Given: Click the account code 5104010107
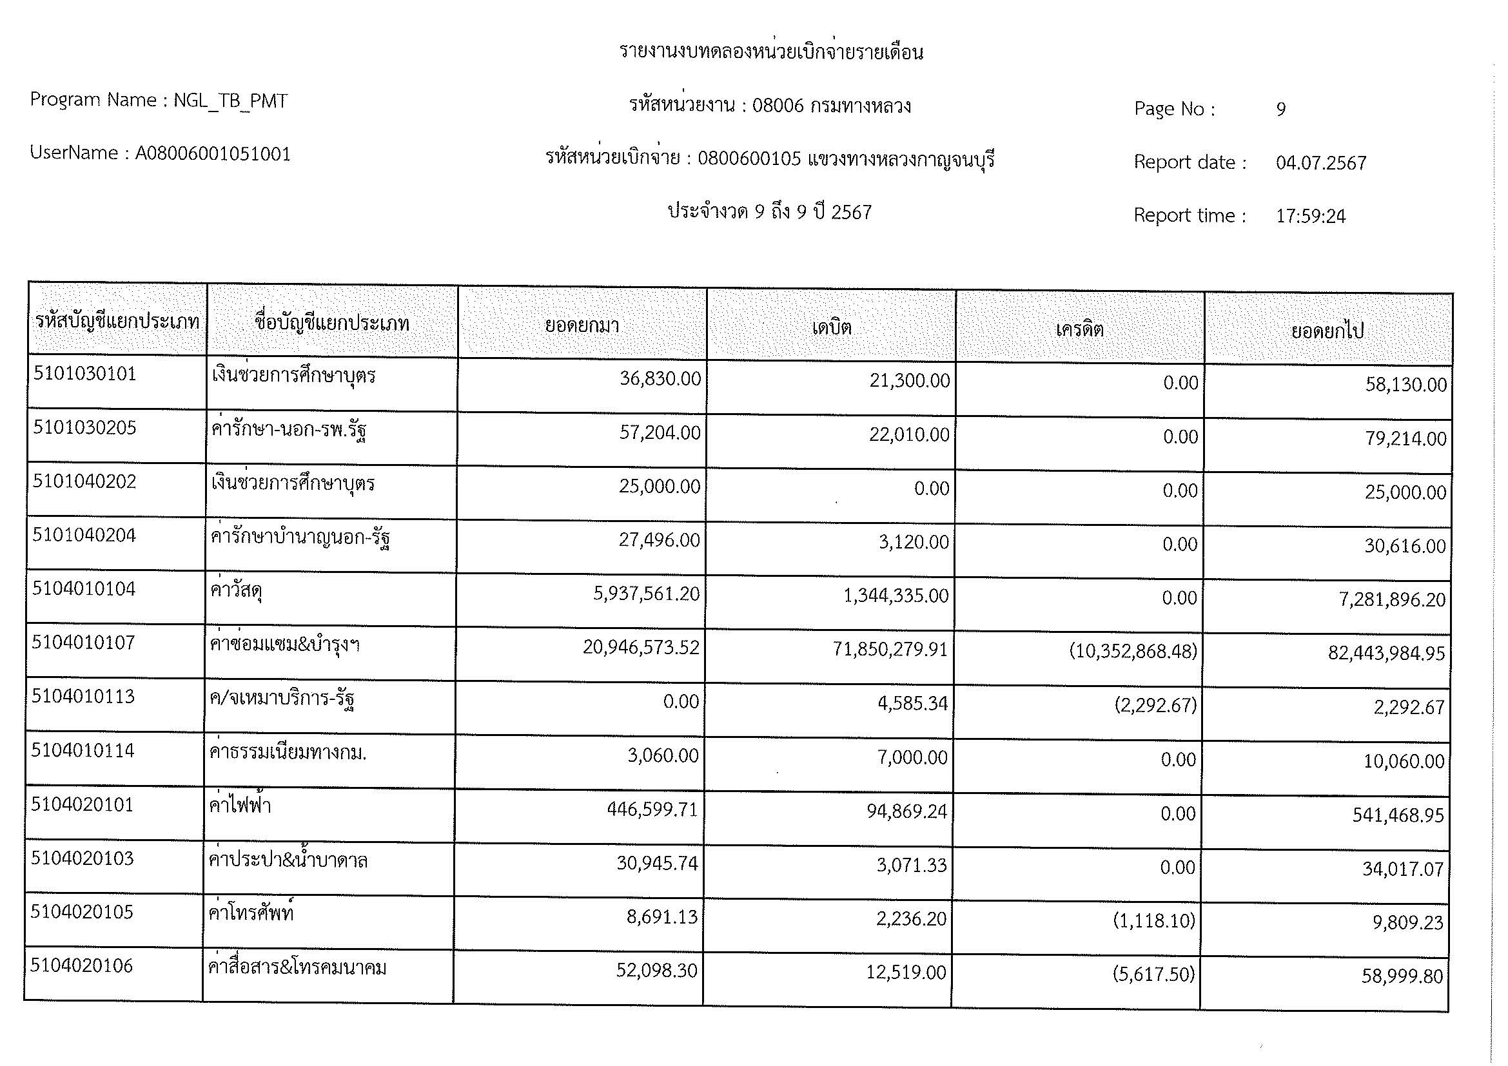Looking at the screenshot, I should [83, 643].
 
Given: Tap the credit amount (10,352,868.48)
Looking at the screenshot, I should [1133, 651].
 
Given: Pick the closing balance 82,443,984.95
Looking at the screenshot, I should [1386, 654].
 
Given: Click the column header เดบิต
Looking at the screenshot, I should [832, 326].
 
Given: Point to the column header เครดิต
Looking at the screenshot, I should [1080, 328].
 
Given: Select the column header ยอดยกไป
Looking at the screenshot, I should [1327, 330].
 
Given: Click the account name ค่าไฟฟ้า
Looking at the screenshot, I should [240, 806].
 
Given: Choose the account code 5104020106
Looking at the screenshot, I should [81, 965].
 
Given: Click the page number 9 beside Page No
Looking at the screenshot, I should [1281, 109].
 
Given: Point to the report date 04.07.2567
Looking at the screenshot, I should [1321, 163].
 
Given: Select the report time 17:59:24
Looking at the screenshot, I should [1310, 216].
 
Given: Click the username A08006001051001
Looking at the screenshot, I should [213, 154].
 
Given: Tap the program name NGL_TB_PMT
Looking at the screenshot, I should [231, 101].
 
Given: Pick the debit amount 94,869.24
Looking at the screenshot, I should [906, 812].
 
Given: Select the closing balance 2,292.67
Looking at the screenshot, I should [1409, 708].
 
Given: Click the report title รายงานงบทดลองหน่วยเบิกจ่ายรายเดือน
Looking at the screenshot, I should [771, 52].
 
